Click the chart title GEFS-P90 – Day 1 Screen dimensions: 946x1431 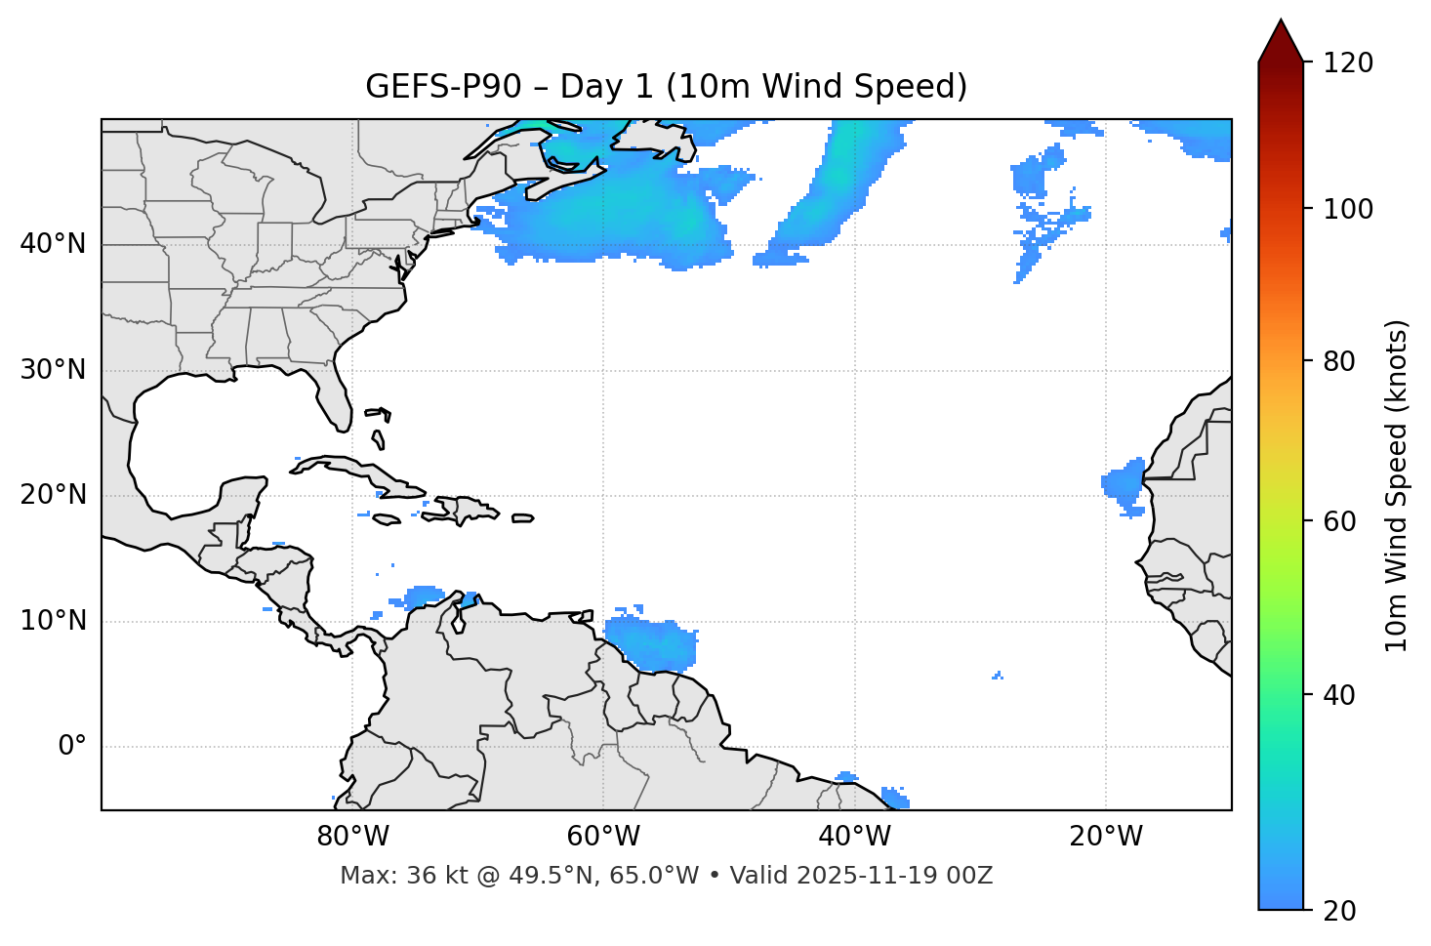click(x=666, y=87)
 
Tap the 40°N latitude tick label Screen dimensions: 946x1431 click(x=53, y=244)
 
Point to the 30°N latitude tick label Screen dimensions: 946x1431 click(x=53, y=370)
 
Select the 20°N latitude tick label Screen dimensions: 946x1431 click(x=53, y=495)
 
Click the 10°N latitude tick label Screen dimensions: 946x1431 click(x=53, y=621)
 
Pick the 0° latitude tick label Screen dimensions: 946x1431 click(x=72, y=747)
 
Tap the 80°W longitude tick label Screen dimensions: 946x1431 click(x=352, y=837)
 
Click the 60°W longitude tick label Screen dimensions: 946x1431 click(x=603, y=837)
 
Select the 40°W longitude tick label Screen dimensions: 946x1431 click(x=854, y=837)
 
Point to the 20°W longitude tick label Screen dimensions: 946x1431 click(x=1105, y=837)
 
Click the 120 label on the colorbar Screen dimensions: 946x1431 click(x=1347, y=63)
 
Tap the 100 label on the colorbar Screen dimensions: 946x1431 click(x=1347, y=209)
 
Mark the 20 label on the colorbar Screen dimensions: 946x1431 click(x=1339, y=911)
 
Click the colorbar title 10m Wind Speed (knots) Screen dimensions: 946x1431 click(x=1397, y=485)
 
